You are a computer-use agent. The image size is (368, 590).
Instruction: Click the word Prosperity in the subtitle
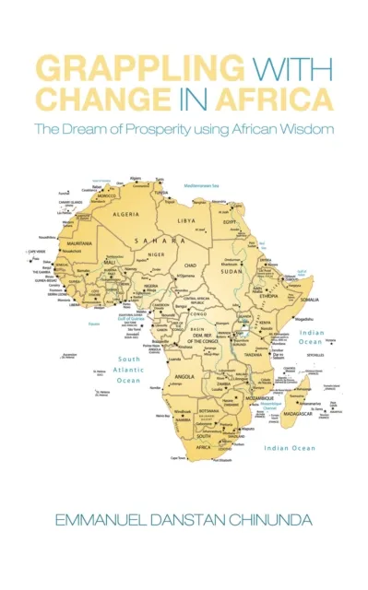pos(171,129)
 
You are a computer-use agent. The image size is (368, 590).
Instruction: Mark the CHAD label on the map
pos(191,265)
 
